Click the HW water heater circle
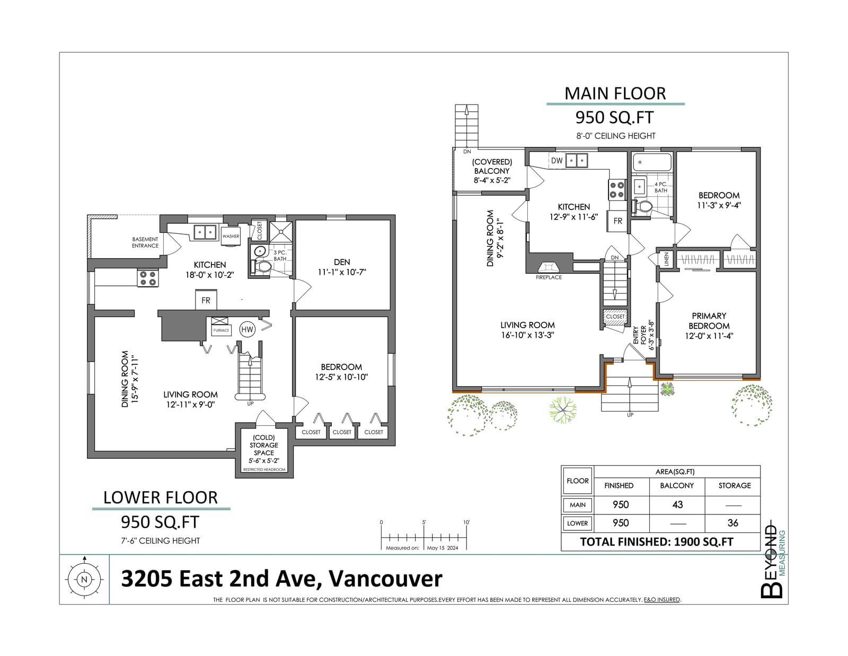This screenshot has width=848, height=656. (247, 329)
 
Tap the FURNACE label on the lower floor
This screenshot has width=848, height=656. (221, 330)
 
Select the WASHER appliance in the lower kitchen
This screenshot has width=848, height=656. (231, 236)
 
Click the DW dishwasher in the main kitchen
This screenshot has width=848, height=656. (557, 161)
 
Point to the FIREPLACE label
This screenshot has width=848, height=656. (549, 277)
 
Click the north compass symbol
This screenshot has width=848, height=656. (84, 579)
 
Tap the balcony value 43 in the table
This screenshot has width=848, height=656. (677, 504)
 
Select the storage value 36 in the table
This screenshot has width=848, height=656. (733, 523)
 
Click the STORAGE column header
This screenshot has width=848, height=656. (735, 485)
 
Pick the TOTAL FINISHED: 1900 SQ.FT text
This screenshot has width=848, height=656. (657, 541)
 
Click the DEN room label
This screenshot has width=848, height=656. (342, 262)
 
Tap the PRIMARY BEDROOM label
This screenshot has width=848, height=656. (709, 321)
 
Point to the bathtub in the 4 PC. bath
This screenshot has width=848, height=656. (652, 162)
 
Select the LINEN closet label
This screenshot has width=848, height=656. (667, 259)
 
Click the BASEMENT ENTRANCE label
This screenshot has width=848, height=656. (145, 242)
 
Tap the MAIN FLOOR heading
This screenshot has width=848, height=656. (615, 94)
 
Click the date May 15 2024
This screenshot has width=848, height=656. (443, 548)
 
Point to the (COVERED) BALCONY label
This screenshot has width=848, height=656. (492, 167)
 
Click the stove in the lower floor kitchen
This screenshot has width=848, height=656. (147, 278)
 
